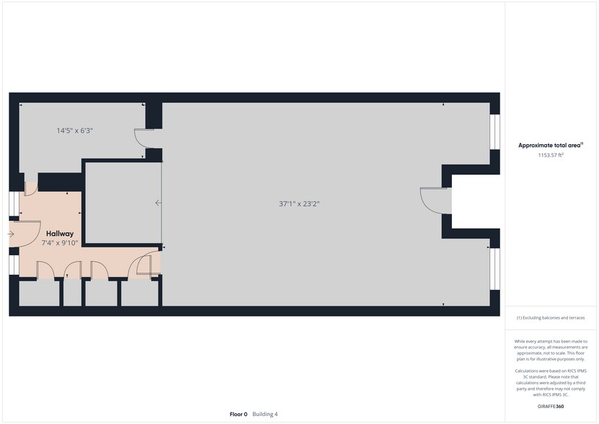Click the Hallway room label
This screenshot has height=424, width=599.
click(x=60, y=234)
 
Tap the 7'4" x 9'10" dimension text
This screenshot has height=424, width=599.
click(x=60, y=244)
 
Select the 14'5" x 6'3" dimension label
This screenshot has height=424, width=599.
click(x=75, y=131)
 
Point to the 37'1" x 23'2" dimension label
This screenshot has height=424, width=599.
click(x=299, y=204)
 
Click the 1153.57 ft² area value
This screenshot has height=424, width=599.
click(x=551, y=155)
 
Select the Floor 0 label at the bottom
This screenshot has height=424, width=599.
click(x=238, y=414)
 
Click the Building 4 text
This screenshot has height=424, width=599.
click(x=265, y=414)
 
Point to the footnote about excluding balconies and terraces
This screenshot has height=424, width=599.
click(x=551, y=318)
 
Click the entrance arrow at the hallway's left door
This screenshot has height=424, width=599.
click(x=12, y=234)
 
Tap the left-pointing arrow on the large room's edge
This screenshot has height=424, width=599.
click(x=159, y=203)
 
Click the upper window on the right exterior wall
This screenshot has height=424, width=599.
click(x=494, y=132)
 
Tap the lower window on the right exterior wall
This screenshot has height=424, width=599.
click(x=494, y=268)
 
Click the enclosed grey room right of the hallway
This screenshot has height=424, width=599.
click(x=122, y=203)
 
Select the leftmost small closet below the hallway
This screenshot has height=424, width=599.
click(x=39, y=293)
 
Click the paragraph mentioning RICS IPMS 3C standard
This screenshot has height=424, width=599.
click(x=551, y=381)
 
